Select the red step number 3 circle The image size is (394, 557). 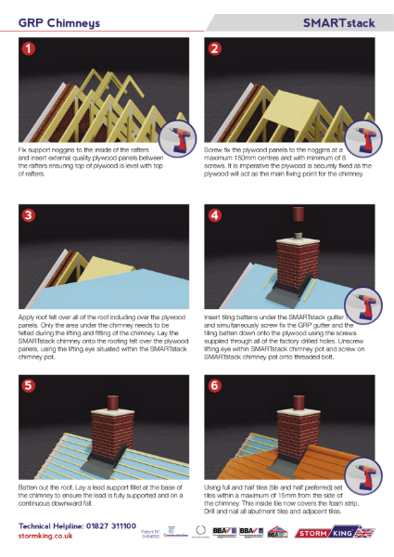(x=29, y=214)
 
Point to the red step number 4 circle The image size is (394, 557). (x=214, y=214)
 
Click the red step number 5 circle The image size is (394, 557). (x=29, y=382)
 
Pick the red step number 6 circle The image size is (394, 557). (x=214, y=382)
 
